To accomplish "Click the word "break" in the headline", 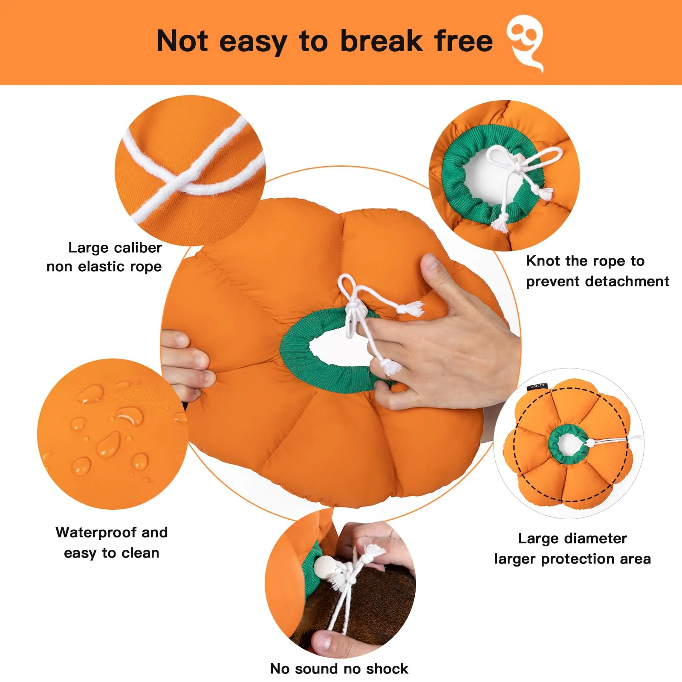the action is [381, 41].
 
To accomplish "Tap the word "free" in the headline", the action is [463, 41].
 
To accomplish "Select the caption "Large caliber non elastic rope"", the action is [104, 257].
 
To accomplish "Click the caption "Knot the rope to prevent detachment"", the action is [598, 271].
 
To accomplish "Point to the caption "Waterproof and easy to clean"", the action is [112, 543].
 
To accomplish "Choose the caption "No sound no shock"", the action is [339, 668].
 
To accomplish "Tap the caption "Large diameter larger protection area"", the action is [572, 549].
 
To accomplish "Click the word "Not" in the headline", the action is [182, 41].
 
